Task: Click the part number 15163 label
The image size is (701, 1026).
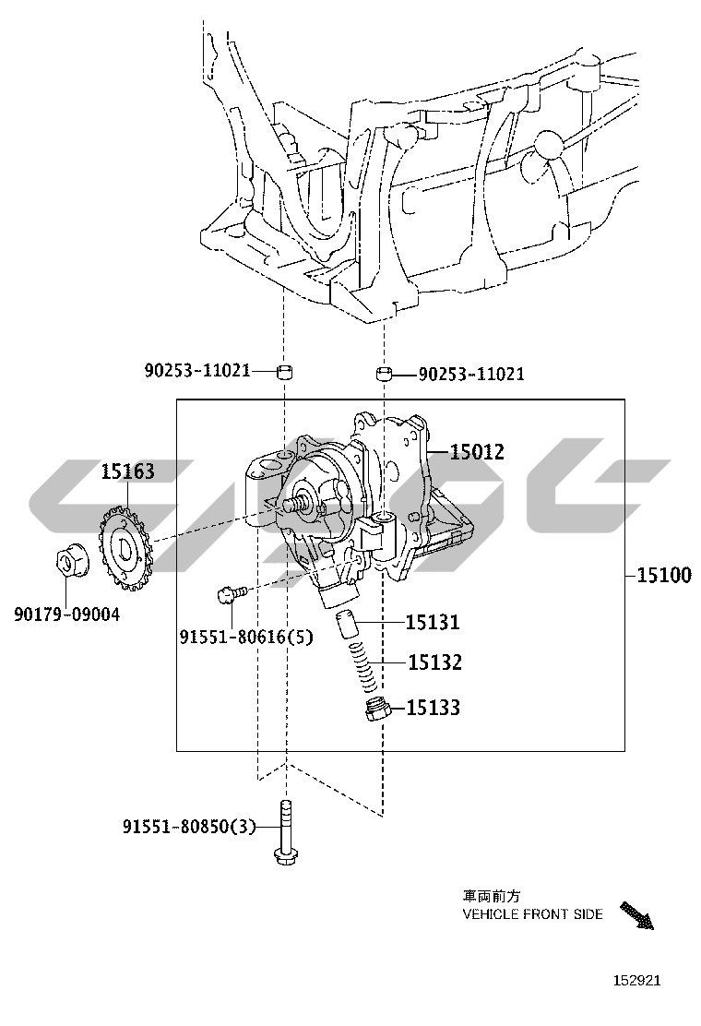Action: coord(127,471)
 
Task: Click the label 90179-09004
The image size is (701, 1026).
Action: coord(67,614)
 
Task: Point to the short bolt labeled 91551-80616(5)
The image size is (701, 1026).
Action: coord(232,593)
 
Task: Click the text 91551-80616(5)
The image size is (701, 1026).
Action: coord(246,636)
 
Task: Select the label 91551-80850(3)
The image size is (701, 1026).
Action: coord(189,827)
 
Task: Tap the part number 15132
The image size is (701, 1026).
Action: coord(434,662)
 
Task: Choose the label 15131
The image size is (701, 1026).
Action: coord(433,622)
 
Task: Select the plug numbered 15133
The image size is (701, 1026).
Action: coord(378,710)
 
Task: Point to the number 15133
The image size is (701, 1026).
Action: coord(434,708)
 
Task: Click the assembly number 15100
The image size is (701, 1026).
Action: coord(664,575)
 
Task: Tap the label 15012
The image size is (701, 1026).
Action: coord(477,451)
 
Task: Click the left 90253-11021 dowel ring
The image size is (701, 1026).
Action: coord(284,373)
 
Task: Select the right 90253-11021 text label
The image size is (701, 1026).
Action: coord(471,375)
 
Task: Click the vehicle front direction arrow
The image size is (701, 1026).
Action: coord(636,915)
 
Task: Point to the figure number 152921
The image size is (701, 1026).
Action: coord(637,980)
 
